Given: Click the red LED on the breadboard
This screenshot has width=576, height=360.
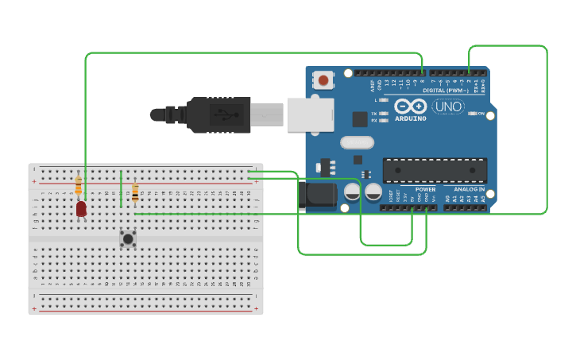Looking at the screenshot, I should [82, 209].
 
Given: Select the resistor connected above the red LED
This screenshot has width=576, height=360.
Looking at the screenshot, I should [78, 186].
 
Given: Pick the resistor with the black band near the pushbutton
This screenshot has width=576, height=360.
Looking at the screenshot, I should [135, 192].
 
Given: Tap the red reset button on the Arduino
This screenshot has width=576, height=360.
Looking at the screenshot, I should [323, 79].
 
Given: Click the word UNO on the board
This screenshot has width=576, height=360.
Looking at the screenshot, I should [449, 106].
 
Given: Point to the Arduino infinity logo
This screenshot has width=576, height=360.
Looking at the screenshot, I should [410, 106].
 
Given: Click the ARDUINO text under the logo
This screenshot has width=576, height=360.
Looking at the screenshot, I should [410, 118].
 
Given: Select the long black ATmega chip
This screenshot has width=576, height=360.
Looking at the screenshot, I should [435, 170].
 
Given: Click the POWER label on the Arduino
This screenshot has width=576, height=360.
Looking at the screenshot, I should [425, 190].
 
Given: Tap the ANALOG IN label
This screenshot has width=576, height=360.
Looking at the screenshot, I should [470, 190].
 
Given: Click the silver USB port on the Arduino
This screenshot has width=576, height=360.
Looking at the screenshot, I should [311, 115].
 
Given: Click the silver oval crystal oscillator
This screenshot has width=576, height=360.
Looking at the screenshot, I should [357, 143].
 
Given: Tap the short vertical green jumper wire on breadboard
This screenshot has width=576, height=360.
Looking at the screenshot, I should [121, 188].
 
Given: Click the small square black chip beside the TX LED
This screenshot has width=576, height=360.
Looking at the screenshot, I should [360, 119].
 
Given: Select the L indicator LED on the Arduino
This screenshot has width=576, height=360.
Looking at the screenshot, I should [385, 100].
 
